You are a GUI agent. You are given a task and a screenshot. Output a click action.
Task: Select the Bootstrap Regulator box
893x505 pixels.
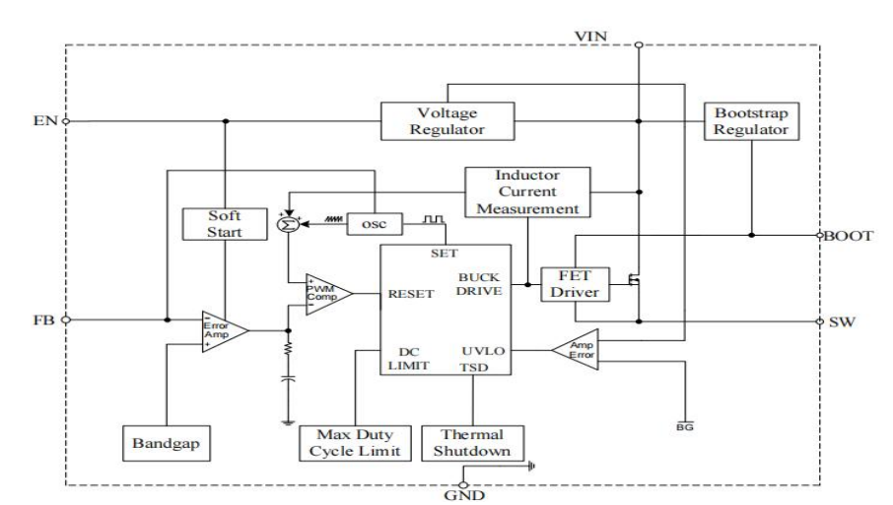[x=750, y=120]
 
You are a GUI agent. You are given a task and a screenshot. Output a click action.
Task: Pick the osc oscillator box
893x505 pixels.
[x=374, y=225]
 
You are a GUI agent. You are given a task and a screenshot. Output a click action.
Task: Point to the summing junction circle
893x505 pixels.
[x=289, y=225]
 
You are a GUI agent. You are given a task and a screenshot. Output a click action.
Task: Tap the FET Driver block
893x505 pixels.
[x=573, y=283]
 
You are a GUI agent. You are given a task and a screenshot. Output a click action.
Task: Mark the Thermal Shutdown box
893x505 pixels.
[x=472, y=443]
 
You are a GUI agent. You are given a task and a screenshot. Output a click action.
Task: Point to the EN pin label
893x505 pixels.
[x=43, y=121]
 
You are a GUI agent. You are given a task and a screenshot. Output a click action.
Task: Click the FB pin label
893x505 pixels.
[x=43, y=321]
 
